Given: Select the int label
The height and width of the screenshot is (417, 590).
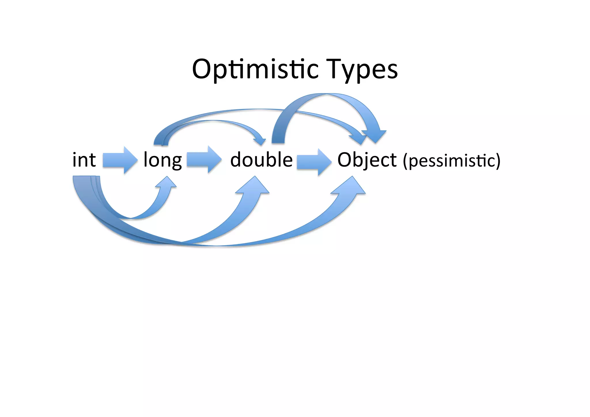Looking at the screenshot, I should point(84,160).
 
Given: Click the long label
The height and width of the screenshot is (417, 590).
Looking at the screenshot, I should point(162,160).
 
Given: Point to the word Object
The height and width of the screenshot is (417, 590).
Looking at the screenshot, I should point(367,160).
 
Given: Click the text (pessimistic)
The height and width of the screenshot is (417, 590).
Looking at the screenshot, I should point(451,161).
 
